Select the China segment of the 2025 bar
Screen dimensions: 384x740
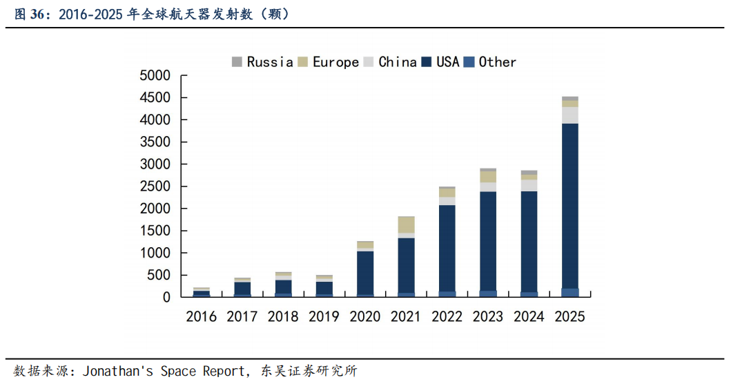(569, 115)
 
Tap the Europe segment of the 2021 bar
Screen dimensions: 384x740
(406, 224)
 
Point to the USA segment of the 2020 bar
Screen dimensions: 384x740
(365, 273)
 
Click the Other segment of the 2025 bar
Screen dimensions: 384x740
(569, 293)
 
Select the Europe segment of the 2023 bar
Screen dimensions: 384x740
(488, 177)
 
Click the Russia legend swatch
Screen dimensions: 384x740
(237, 62)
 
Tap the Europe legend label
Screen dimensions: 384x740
(335, 62)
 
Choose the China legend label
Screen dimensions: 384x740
(398, 62)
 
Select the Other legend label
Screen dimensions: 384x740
(497, 62)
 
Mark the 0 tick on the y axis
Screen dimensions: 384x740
(166, 297)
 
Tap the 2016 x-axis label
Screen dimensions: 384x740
(202, 317)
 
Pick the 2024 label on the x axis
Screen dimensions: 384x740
(529, 317)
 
